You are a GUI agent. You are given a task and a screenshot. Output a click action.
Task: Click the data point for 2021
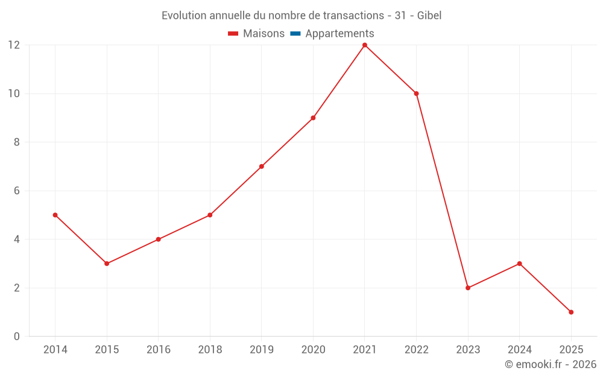[x=365, y=45]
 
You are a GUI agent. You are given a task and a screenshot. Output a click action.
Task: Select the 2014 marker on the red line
[x=55, y=215]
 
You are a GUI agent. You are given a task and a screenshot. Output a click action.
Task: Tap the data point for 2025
[x=571, y=312]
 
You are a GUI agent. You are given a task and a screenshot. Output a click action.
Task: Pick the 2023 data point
[x=468, y=288]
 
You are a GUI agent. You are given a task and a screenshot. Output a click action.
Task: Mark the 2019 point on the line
[x=262, y=166]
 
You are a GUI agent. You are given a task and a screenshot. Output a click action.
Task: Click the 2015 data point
[x=107, y=264]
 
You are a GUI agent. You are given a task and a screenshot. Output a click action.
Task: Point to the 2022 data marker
[x=416, y=93]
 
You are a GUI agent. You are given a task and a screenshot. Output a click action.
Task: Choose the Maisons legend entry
[x=264, y=34]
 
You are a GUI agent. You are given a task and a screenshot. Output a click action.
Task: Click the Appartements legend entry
[x=339, y=34]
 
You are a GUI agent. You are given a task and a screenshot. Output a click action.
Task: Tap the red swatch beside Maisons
[x=233, y=34]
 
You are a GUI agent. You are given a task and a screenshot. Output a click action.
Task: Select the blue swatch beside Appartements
[x=295, y=34]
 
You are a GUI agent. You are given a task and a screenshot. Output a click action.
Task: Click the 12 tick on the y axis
[x=14, y=45]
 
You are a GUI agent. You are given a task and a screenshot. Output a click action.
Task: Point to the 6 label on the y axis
[x=17, y=191]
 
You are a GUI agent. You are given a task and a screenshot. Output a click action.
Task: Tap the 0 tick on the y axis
[x=17, y=336]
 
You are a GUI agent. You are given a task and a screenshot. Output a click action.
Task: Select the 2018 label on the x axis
[x=210, y=350]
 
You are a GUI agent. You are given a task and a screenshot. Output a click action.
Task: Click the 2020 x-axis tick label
[x=313, y=350]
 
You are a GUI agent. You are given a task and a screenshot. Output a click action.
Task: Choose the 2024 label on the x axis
[x=519, y=350]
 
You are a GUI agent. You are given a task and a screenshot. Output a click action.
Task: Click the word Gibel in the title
[x=429, y=16]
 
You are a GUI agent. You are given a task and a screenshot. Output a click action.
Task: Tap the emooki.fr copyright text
[x=551, y=364]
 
